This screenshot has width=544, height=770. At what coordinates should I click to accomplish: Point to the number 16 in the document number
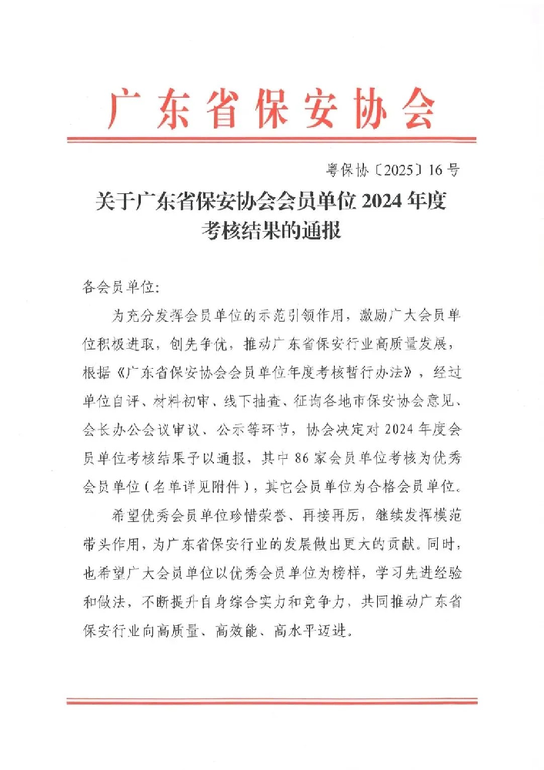pyautogui.click(x=436, y=170)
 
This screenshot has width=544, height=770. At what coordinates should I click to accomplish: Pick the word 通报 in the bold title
pyautogui.click(x=321, y=229)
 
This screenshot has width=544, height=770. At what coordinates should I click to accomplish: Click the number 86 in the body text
pyautogui.click(x=302, y=458)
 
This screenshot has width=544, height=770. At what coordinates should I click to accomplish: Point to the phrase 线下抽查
pyautogui.click(x=252, y=401)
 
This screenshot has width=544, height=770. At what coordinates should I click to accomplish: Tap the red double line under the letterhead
pyautogui.click(x=272, y=140)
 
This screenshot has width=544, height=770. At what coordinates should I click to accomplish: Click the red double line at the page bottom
pyautogui.click(x=272, y=701)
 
